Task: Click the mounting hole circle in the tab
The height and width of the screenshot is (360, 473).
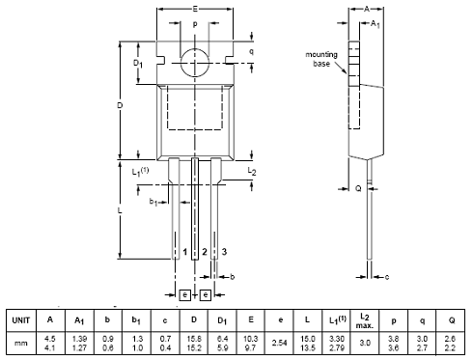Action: [181, 63]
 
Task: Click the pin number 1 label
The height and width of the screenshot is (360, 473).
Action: [185, 252]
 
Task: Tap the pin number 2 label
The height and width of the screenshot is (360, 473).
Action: [205, 252]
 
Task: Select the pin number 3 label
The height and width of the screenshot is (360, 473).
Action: [224, 252]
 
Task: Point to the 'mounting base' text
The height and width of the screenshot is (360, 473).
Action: [321, 59]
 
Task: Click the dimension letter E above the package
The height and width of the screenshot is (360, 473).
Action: [195, 9]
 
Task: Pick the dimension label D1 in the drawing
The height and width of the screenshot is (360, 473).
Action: [138, 63]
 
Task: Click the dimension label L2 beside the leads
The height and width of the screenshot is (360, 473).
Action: [252, 171]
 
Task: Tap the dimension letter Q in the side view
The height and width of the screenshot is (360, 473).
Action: [358, 188]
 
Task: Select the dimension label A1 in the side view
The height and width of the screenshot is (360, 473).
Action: [376, 24]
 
